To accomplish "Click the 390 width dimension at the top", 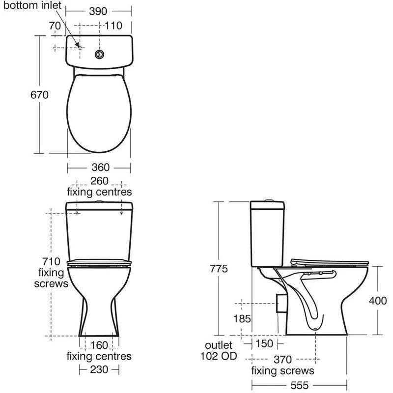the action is pos(98,11).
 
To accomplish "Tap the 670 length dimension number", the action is pos(39,95).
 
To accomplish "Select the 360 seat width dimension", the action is pos(101,168).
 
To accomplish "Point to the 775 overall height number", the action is pos(219,269).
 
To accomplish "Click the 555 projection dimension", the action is pos(300,386).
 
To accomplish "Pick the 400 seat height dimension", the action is pos(378,301).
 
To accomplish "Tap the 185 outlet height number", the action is pos(242,319).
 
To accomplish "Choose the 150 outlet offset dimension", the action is pos(264,343).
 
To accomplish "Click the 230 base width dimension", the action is pos(99,369).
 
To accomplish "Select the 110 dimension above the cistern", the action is pos(113,26).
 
